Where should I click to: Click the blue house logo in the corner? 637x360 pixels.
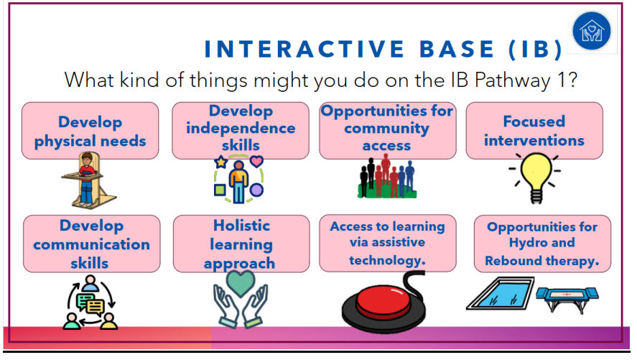[592, 31]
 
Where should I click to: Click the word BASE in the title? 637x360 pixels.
[456, 49]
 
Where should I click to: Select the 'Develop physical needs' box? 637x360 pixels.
[90, 131]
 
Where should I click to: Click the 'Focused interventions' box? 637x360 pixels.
[534, 131]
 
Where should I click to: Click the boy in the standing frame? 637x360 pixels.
[87, 179]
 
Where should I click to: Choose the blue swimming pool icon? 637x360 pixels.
[500, 293]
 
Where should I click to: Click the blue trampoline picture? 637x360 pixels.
[567, 299]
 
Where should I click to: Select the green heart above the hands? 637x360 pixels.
[241, 283]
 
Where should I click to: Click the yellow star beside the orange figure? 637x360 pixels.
[221, 162]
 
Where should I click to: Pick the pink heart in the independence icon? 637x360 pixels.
[256, 161]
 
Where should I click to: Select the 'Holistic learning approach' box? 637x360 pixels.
[241, 244]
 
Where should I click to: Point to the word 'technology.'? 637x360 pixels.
[387, 260]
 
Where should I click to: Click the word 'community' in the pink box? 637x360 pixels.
[387, 129]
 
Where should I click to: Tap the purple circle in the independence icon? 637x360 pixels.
[256, 190]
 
